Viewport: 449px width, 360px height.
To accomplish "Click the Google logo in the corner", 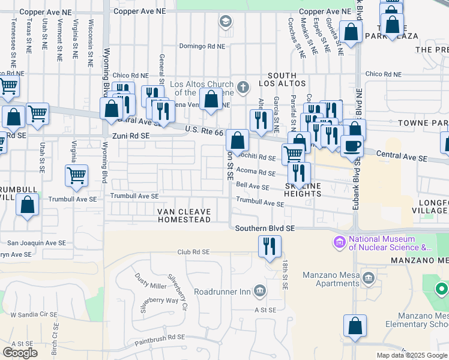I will tap(20, 352).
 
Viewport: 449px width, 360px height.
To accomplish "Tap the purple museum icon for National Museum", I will tap(340, 243).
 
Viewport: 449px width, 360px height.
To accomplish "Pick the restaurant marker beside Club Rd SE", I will tap(270, 245).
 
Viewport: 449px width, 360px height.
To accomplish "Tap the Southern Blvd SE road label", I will tap(265, 228).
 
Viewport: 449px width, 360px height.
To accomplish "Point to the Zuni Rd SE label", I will tap(128, 136).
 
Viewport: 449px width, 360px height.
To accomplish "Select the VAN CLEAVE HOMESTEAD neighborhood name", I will tap(184, 216).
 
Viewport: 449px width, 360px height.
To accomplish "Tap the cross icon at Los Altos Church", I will tap(243, 88).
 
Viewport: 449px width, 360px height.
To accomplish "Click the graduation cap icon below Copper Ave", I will tap(225, 23).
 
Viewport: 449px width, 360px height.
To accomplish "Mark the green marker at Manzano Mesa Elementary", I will tap(441, 290).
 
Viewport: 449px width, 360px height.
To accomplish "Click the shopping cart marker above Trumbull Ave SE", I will tap(76, 176).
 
